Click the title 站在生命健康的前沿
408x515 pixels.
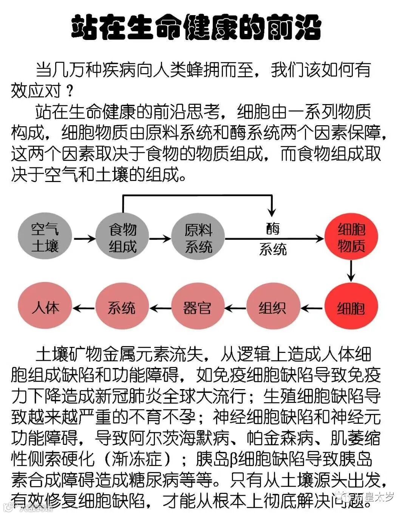coord(196,27)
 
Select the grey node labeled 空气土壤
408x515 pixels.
coord(45,238)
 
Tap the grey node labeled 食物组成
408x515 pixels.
coord(122,238)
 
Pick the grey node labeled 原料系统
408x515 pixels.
coord(198,238)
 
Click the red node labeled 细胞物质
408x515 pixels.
coord(351,238)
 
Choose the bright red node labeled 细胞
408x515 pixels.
coord(351,308)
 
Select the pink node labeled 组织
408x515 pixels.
coord(273,308)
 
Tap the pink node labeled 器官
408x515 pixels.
coord(198,308)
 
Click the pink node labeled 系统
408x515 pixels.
coord(122,308)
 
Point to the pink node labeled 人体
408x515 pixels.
coord(45,308)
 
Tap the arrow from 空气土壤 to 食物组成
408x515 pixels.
coord(85,238)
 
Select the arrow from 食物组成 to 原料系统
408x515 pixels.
coord(160,238)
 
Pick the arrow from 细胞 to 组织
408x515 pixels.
coord(312,308)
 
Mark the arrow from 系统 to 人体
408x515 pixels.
coord(83,308)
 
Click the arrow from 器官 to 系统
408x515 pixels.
coord(160,308)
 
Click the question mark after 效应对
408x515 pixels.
coord(69,90)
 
